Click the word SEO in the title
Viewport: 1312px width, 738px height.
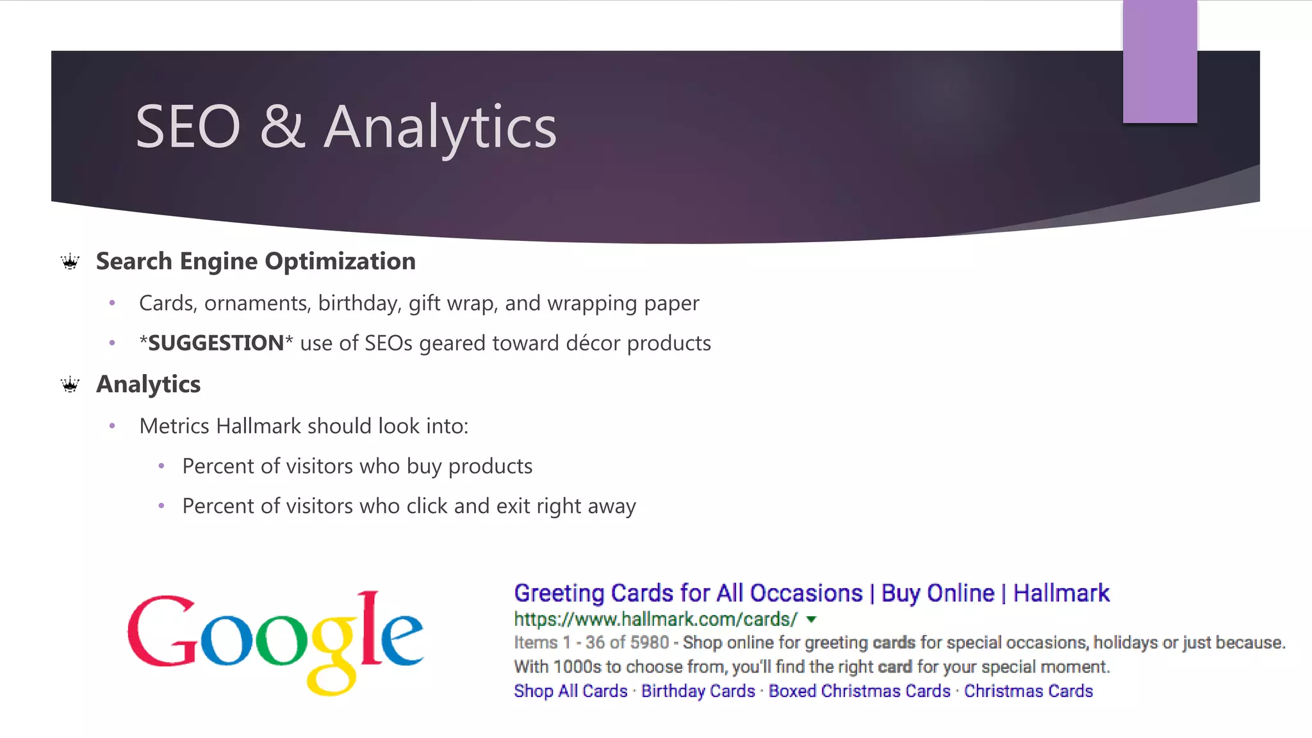point(188,127)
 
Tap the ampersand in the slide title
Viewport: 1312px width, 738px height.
point(282,127)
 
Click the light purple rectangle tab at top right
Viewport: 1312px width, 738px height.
point(1160,61)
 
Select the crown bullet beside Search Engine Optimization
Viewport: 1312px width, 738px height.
point(70,261)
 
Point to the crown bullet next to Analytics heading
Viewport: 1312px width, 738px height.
point(70,384)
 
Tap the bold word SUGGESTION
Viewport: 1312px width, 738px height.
point(216,343)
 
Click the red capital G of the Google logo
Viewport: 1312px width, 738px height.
point(161,632)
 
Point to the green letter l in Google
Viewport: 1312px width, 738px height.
point(369,628)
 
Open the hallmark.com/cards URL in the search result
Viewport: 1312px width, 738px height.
point(655,619)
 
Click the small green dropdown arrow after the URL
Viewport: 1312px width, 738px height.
point(812,619)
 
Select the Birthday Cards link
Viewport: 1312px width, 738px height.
point(698,691)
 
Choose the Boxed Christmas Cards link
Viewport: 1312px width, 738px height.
point(859,691)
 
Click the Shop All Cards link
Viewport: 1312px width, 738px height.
point(571,691)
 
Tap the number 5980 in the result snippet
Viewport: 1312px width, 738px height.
point(650,643)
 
